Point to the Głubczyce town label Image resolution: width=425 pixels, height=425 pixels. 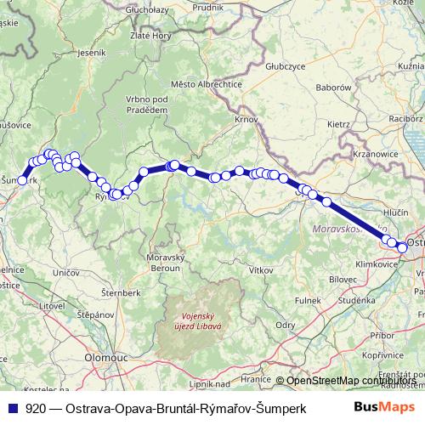click(x=284, y=65)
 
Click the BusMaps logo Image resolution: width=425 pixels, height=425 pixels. click(x=384, y=407)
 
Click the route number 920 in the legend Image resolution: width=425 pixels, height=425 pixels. click(x=35, y=407)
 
